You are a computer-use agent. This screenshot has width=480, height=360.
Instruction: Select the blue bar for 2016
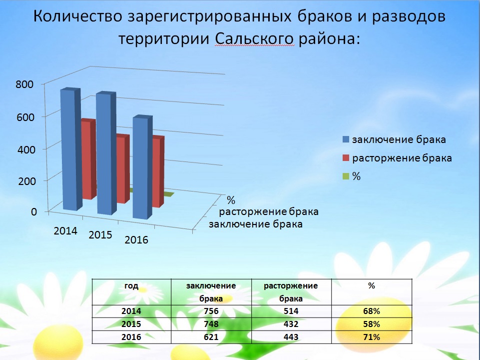143,167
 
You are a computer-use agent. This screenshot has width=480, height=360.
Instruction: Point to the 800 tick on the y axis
24,84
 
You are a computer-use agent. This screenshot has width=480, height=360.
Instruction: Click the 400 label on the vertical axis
26,150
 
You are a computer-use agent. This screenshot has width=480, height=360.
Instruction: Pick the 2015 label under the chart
100,235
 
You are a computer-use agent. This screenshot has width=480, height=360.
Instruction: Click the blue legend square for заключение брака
346,139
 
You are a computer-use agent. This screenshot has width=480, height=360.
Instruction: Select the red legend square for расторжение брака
346,158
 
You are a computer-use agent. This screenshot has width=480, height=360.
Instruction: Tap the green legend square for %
346,176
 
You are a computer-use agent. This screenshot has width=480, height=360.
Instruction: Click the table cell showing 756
211,311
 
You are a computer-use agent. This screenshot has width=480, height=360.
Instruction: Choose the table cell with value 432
291,324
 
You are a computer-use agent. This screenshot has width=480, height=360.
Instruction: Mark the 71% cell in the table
372,337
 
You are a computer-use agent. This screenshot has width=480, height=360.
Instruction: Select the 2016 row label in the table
131,337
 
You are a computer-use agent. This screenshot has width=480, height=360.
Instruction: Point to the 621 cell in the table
211,337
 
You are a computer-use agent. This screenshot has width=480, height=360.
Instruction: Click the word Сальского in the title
254,39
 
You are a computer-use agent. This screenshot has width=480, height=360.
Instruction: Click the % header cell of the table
372,292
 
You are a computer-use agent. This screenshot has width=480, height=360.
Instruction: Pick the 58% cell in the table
372,324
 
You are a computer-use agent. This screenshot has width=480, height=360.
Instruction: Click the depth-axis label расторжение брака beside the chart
269,211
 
